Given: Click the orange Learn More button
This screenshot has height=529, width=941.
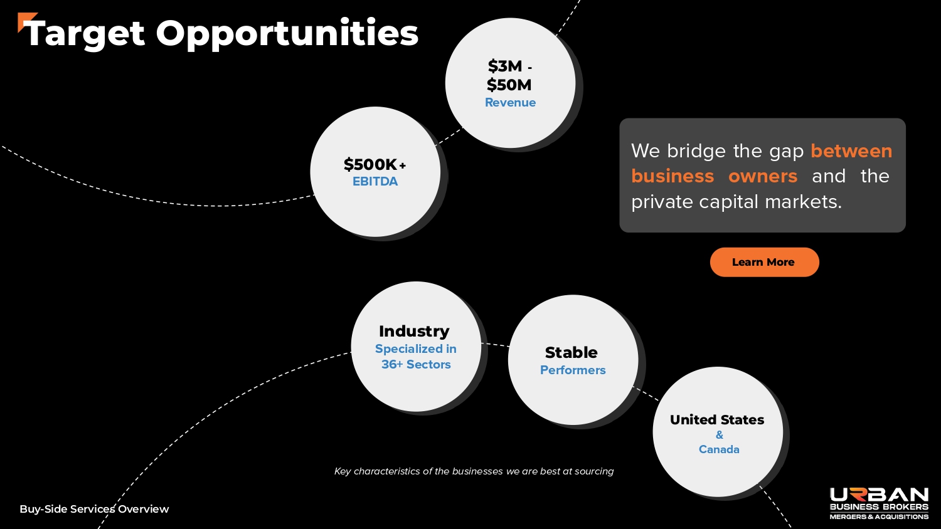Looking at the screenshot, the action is pos(764,262).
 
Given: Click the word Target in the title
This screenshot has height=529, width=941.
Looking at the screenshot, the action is pos(85,34).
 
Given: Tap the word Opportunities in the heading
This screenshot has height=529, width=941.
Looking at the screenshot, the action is pos(287,34).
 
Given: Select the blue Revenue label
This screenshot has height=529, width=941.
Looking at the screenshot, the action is pos(511,102).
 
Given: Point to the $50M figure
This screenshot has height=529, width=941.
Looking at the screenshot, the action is pos(509,85).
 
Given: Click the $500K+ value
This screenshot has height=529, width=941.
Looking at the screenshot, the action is pos(375,164).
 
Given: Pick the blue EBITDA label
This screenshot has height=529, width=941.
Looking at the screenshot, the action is pos(375,181).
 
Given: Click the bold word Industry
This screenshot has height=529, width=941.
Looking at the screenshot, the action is pos(414,332).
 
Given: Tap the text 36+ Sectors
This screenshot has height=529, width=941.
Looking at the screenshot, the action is pos(416,364).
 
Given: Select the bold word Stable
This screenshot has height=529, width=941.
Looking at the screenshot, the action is pos(572,353).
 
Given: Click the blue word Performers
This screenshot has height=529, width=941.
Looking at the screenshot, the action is pos(573,370).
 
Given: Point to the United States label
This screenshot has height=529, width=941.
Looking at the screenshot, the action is pos(717,420).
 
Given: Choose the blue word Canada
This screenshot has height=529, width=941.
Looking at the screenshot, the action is pos(719,449).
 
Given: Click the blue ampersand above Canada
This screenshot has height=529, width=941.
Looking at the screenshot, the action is pos(720,435).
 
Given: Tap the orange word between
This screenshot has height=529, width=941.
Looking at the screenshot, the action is pos(851,150).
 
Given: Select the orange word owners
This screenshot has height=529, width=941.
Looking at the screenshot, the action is pos(763,176).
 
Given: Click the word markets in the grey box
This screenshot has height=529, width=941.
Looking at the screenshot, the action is pos(803,202).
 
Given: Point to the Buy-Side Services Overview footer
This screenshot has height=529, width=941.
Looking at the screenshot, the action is pos(94,510).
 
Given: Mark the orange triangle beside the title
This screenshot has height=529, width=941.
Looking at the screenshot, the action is pos(25,21).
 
